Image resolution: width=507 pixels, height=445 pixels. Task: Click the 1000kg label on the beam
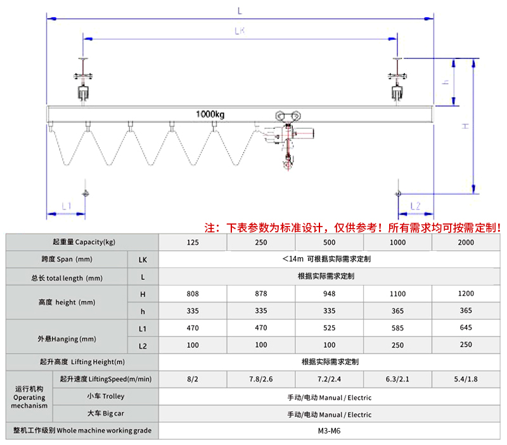pos(210,114)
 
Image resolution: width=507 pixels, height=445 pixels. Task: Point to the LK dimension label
pos(240,30)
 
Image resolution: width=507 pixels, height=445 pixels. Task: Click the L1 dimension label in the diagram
pos(66,206)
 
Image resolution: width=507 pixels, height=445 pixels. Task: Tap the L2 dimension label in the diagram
pos(416,206)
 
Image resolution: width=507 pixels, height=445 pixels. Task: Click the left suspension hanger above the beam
pos(84,79)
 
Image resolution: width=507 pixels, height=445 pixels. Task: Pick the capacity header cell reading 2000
pos(465,242)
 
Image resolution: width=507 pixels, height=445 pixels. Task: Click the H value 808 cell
pos(193,294)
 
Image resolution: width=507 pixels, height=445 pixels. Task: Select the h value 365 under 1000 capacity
pos(397,311)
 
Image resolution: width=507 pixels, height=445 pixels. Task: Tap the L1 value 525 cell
pos(329,328)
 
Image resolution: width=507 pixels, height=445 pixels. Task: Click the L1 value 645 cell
pos(465,328)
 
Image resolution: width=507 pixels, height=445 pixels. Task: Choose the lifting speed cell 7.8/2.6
pos(260,379)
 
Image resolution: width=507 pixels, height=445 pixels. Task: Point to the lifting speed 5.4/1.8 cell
pos(465,379)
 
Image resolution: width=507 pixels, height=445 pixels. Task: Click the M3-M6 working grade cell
pos(329,430)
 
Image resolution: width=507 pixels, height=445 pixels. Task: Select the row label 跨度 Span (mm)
pos(67,260)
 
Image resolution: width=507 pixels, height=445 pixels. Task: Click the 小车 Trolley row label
pos(105,396)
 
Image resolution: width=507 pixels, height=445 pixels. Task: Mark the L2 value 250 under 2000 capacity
pos(465,345)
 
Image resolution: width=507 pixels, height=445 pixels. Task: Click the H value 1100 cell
pos(397,294)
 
